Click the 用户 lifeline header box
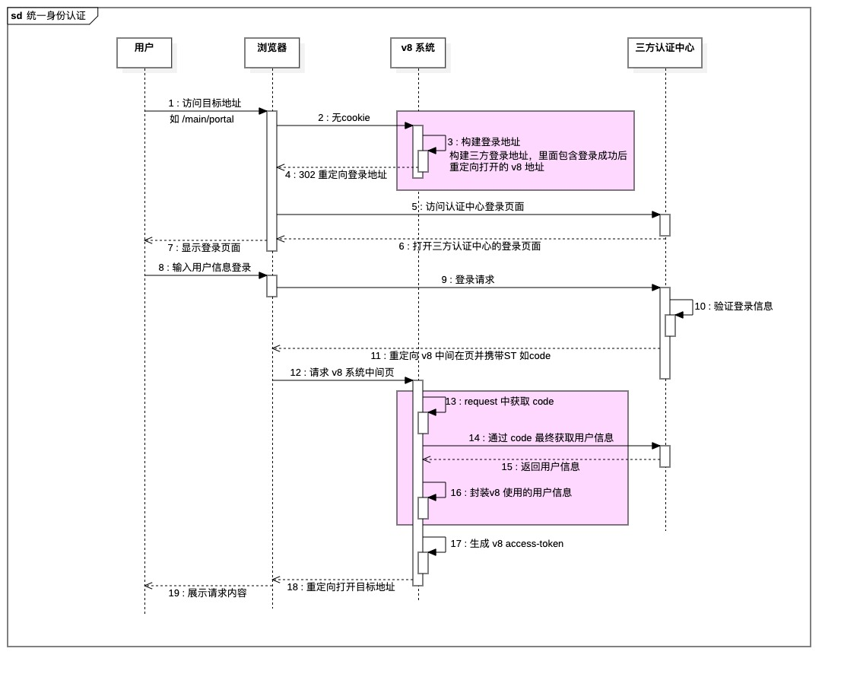[x=144, y=52]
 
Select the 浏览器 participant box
[x=272, y=52]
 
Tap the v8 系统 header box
[x=417, y=52]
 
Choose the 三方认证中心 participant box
[x=665, y=52]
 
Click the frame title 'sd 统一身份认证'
[x=49, y=16]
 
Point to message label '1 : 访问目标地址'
[x=205, y=103]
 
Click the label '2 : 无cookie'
[x=344, y=118]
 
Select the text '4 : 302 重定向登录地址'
[x=336, y=175]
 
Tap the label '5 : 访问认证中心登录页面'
[x=468, y=207]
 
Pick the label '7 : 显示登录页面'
[x=204, y=248]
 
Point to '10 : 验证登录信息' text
[x=733, y=307]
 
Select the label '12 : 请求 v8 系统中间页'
[x=342, y=373]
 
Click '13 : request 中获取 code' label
[x=500, y=402]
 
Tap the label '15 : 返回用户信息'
[x=540, y=467]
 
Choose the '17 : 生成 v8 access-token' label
[x=506, y=544]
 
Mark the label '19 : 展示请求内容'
[x=207, y=593]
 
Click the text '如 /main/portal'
[x=202, y=119]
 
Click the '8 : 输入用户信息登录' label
[x=205, y=268]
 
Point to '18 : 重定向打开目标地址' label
[x=341, y=587]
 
